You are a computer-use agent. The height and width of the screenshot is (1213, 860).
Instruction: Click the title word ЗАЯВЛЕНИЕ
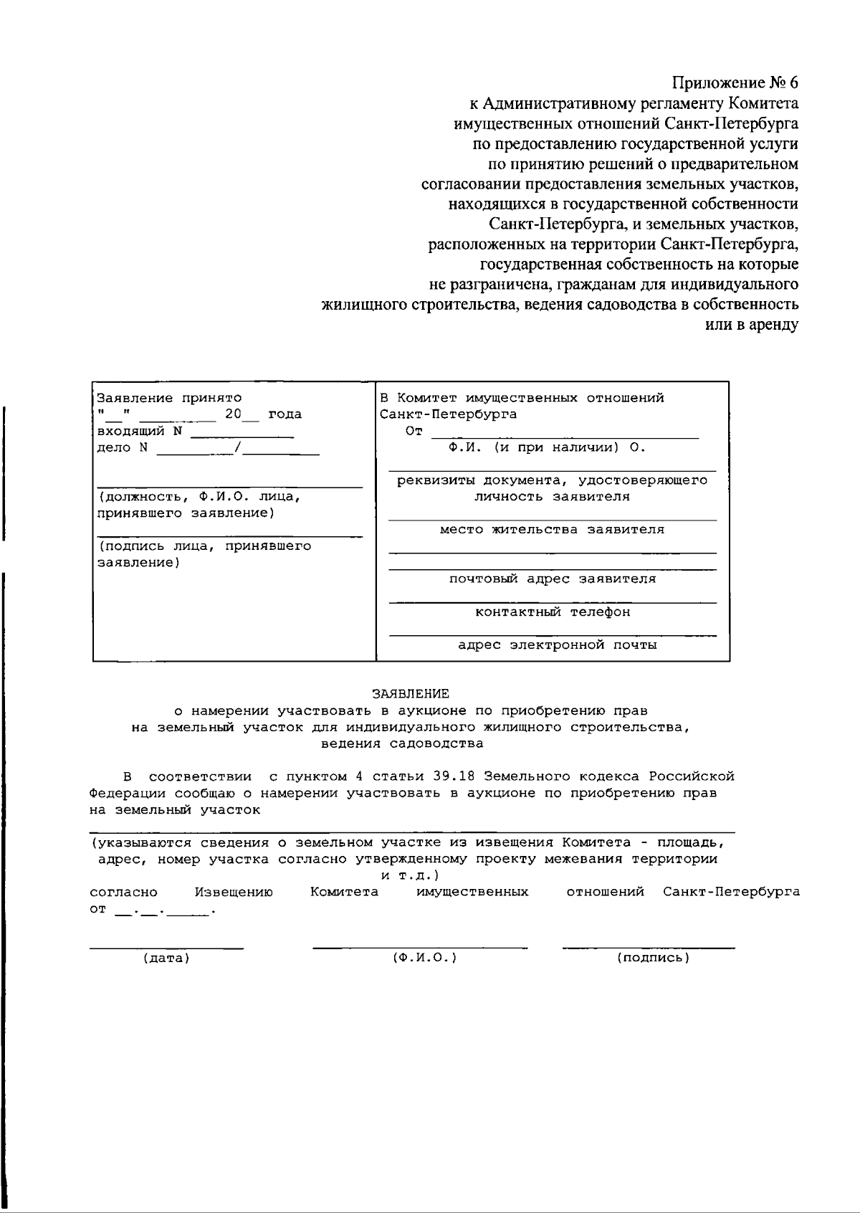411,694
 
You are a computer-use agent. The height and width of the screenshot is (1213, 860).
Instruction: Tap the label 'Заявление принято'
169,398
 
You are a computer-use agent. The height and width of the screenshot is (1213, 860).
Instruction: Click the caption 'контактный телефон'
553,612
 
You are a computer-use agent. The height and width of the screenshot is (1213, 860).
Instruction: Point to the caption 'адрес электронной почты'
557,645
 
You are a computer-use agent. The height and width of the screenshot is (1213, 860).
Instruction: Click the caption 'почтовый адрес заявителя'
552,579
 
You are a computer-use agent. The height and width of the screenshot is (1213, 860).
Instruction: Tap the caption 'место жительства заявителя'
552,530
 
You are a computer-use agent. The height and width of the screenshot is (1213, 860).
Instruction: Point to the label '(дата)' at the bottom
166,958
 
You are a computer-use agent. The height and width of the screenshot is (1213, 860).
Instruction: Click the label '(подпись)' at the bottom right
653,958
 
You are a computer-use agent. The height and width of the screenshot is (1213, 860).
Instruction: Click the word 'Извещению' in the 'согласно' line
234,893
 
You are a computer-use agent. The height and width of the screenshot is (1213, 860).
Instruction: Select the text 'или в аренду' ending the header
752,325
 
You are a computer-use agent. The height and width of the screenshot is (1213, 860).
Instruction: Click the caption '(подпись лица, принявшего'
204,546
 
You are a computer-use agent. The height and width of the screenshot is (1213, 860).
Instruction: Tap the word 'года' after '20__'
285,415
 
